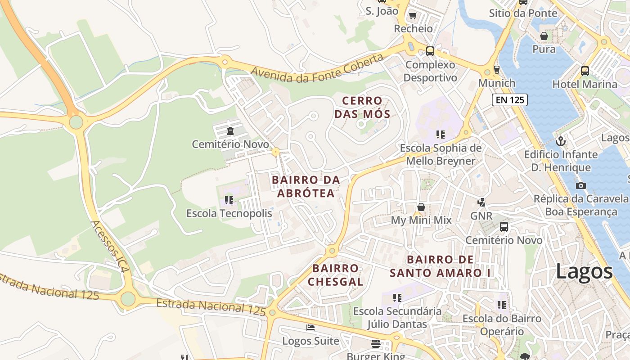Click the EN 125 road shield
pos(510,100)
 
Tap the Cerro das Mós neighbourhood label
pos(362,107)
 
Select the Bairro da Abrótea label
pos(306,186)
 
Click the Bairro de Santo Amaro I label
pos(441,266)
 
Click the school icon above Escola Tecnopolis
pos(229,200)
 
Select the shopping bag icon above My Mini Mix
pos(421,207)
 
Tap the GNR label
pos(481,216)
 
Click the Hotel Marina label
pos(585,84)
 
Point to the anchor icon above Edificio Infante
pos(561,141)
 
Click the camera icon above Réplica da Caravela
pos(580,185)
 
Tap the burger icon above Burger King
pos(376,344)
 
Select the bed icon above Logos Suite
pos(310,328)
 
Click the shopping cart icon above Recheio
pos(413,16)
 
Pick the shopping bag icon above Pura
pos(544,36)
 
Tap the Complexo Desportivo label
pos(430,71)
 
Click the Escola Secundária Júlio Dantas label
pos(397,317)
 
